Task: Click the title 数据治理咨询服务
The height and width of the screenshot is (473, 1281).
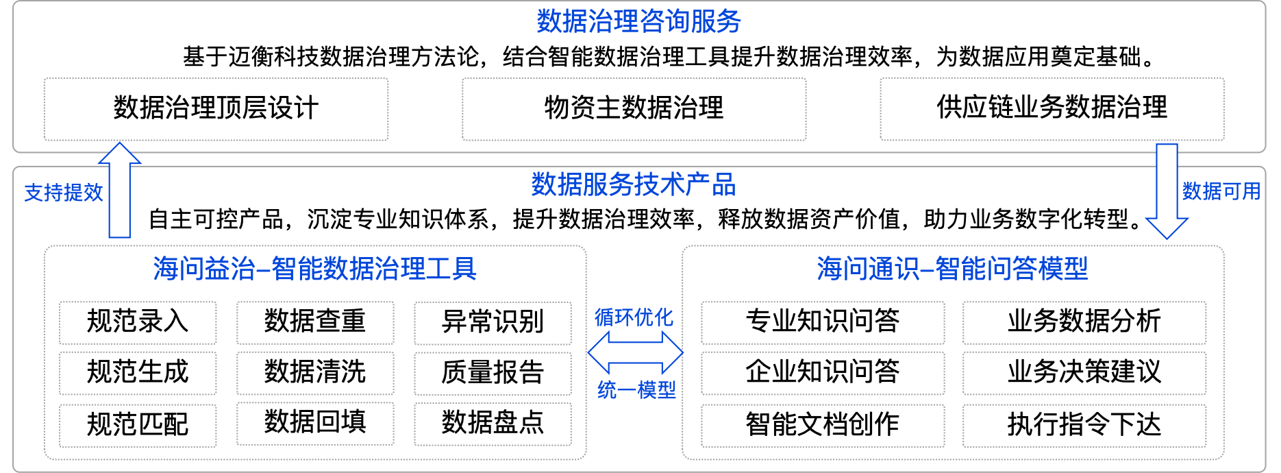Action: [638, 21]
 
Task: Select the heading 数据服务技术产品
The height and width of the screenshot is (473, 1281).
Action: [634, 185]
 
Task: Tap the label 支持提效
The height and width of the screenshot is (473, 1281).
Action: [64, 193]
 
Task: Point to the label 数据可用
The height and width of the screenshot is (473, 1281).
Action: [1221, 191]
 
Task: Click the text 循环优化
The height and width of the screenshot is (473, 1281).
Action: [634, 317]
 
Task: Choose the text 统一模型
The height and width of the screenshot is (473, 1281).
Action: [636, 390]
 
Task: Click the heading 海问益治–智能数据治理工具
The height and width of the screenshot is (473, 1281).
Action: [314, 269]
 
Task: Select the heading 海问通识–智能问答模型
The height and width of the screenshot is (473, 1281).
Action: [952, 269]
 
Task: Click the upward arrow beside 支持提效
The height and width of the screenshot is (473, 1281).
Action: [119, 192]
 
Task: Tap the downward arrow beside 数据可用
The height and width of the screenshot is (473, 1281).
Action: [1167, 192]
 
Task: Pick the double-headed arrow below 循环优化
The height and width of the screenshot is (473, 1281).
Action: [635, 352]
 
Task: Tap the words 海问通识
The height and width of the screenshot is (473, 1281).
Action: [867, 269]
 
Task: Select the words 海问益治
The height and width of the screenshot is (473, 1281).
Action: [203, 269]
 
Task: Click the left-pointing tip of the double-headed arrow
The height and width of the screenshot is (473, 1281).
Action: [593, 352]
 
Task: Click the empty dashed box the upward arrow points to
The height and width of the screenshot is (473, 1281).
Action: [216, 110]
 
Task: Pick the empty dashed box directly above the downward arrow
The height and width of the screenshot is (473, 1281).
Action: [1052, 110]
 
